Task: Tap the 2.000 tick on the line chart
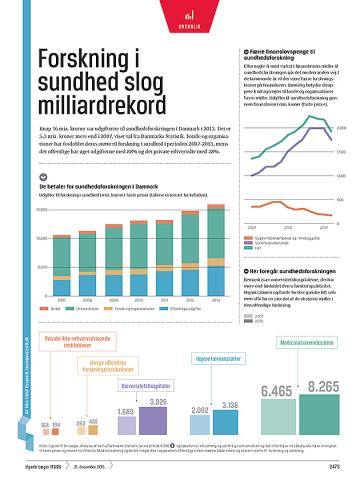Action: (340, 128)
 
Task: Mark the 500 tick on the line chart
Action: (340, 200)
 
